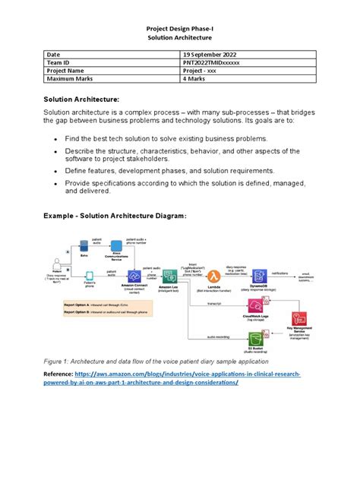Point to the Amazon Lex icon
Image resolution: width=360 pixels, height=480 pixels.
[169, 277]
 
